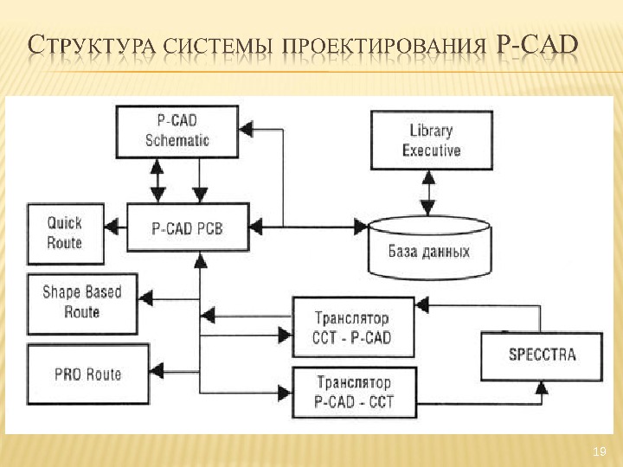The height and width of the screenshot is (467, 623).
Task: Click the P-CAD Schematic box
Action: tap(177, 131)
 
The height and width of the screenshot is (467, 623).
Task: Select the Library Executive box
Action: tap(431, 140)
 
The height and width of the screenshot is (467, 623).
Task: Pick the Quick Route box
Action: tap(65, 233)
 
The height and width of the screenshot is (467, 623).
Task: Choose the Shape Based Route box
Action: tap(82, 303)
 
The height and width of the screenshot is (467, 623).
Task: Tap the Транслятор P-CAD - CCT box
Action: tap(353, 390)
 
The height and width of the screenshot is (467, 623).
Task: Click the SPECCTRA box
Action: tap(542, 354)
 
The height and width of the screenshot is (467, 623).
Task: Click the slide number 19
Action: tap(598, 451)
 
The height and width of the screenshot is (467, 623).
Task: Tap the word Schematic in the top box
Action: tap(177, 140)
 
